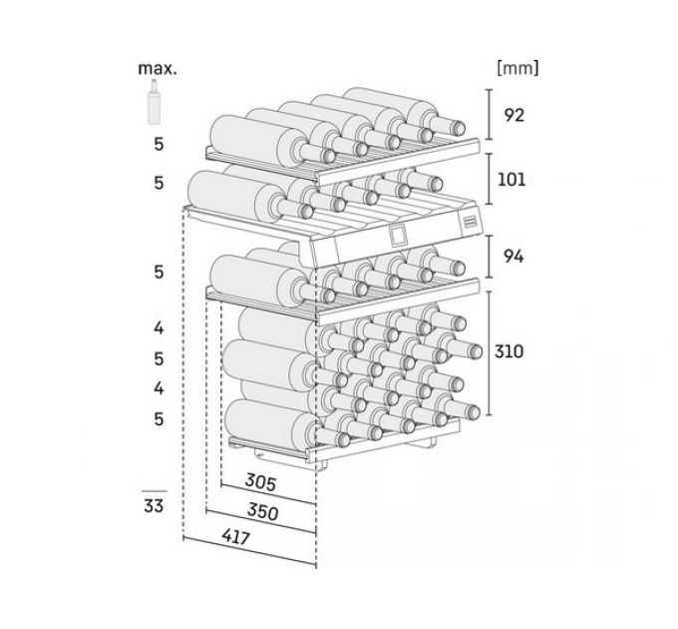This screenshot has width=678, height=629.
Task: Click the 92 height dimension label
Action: click(x=513, y=115)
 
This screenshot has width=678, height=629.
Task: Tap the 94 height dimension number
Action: click(x=513, y=257)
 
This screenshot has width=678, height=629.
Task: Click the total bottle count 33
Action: click(x=154, y=506)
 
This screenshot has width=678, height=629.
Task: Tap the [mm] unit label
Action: click(x=516, y=69)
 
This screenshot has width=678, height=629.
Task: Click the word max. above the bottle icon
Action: click(x=158, y=70)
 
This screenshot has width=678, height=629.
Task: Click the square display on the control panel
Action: click(x=398, y=236)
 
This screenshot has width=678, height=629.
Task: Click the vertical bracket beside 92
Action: click(x=489, y=114)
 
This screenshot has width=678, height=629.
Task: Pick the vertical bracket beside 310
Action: click(x=489, y=351)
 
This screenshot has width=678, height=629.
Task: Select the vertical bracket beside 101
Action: click(x=489, y=181)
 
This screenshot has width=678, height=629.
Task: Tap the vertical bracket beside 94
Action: click(x=489, y=257)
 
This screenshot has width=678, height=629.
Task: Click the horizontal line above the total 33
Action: click(x=154, y=490)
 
